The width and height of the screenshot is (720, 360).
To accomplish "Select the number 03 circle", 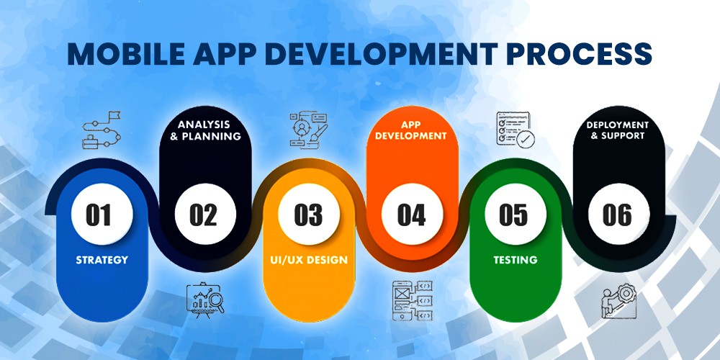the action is (x=309, y=214).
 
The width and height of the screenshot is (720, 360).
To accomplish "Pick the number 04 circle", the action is (x=413, y=214).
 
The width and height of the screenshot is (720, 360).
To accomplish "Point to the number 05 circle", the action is (x=516, y=214).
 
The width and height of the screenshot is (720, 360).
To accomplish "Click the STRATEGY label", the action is (x=102, y=260).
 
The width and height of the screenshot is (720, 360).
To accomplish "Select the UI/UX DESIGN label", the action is (x=309, y=260).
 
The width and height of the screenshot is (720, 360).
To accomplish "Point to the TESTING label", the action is (x=516, y=260).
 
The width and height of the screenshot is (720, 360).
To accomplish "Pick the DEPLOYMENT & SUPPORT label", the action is (x=617, y=130).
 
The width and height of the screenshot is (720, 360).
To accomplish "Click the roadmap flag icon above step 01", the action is (x=102, y=130).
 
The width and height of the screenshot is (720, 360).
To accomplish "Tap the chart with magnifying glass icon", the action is (x=205, y=300).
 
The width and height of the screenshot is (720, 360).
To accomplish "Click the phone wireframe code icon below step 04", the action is (x=413, y=300).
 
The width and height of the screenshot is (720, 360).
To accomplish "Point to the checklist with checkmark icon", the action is (x=516, y=129).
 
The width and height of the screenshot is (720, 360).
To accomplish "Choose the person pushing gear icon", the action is (x=619, y=301).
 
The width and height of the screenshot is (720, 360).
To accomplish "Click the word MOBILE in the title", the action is (x=126, y=54).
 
